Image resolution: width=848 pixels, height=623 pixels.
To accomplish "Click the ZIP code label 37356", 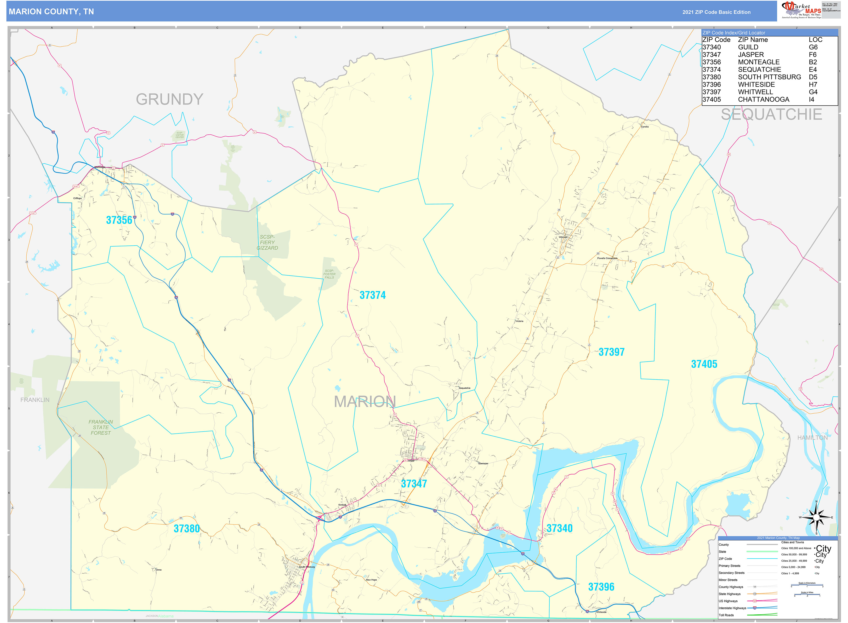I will pos(119,220).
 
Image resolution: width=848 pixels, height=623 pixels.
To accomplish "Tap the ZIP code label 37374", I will pos(372,295).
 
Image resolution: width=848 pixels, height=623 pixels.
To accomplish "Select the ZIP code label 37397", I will pos(611,352).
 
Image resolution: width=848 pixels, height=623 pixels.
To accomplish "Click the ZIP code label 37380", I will pos(187,529).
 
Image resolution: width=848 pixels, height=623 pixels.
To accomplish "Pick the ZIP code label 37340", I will pos(559,528).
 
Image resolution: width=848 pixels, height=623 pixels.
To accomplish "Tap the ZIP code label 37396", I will pos(601,587).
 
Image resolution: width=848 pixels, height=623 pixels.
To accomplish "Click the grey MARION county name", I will pos(364,402).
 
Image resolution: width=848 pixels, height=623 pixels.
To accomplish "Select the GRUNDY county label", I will pos(169,99).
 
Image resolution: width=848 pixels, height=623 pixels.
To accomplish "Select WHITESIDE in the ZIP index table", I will pos(756,85).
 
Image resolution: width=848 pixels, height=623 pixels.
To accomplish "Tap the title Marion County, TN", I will pos(51,12).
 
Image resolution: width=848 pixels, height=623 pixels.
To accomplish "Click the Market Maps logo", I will pos(801,10).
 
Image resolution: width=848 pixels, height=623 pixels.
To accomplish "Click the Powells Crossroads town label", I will pos(607,258).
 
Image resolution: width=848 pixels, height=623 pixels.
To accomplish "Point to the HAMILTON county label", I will pos(812,438).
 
